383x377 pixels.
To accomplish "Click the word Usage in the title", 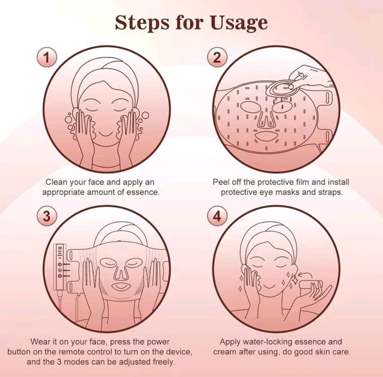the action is click(238, 23).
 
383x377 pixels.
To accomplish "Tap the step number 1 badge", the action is click(47, 57).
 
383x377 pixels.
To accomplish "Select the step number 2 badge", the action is click(217, 57).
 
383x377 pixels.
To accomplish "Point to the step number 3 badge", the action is click(47, 217).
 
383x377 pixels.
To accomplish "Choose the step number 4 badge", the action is click(217, 217).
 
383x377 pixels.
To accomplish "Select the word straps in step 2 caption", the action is click(330, 193).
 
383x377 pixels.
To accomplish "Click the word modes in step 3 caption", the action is click(74, 361).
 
